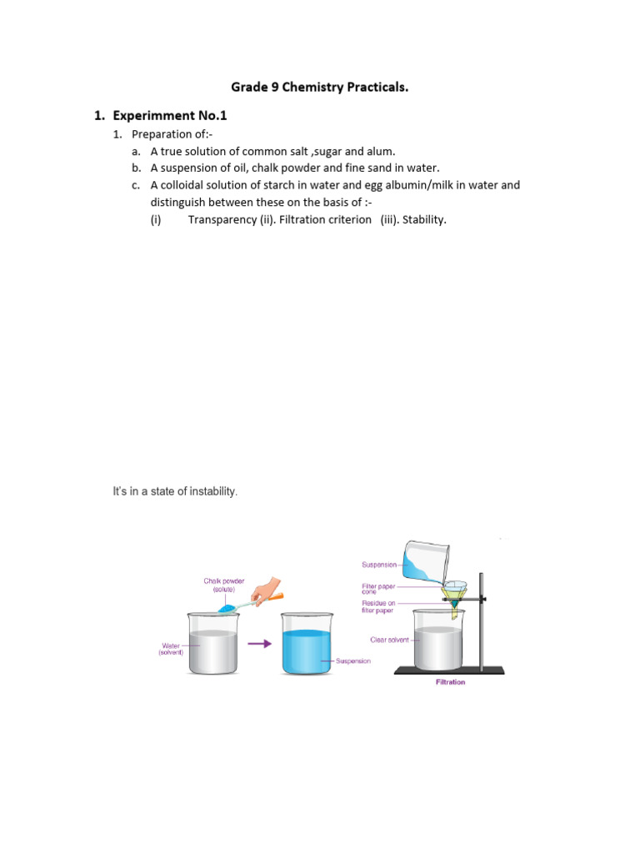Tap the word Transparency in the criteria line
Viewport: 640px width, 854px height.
click(x=222, y=219)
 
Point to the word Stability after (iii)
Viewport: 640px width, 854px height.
click(x=424, y=219)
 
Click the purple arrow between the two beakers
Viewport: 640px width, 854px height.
click(x=261, y=643)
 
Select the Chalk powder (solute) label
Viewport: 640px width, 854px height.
click(x=223, y=585)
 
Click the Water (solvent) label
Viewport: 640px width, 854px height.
click(x=171, y=648)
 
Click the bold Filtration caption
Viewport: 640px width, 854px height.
click(x=450, y=682)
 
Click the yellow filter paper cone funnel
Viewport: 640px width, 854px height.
click(x=453, y=593)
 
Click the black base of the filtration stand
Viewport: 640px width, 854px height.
click(x=448, y=669)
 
